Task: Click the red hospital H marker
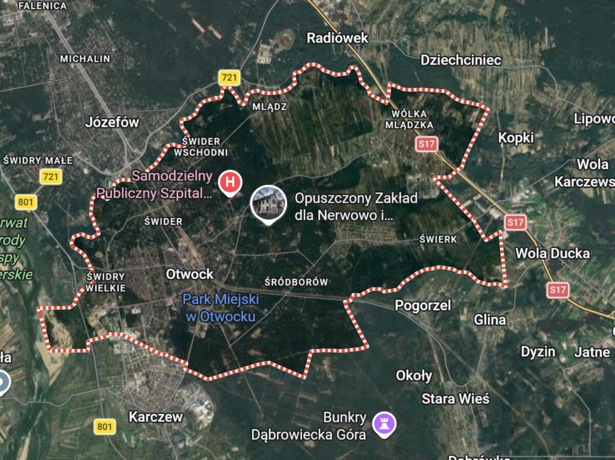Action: pos(230,182)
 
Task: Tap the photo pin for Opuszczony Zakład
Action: pos(267,203)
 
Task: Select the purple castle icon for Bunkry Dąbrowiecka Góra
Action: pos(384,424)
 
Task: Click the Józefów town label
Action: pos(112,122)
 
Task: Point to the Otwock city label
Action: pos(190,274)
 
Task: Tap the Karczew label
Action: pos(155,416)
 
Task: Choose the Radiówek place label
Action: pos(337,37)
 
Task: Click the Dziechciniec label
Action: pos(461,60)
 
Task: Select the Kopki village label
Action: pos(516,137)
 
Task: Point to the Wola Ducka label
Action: pos(552,253)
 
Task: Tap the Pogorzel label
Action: pos(423,306)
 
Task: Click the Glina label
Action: pos(489,320)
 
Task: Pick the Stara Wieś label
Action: pos(455,398)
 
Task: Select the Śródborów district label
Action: pos(296,282)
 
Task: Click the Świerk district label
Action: pos(438,239)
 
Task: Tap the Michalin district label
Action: pos(85,58)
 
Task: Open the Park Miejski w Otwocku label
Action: pos(221,307)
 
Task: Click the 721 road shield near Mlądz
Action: pos(229,78)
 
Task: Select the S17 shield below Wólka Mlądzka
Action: pos(426,144)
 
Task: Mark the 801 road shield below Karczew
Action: pos(105,426)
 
